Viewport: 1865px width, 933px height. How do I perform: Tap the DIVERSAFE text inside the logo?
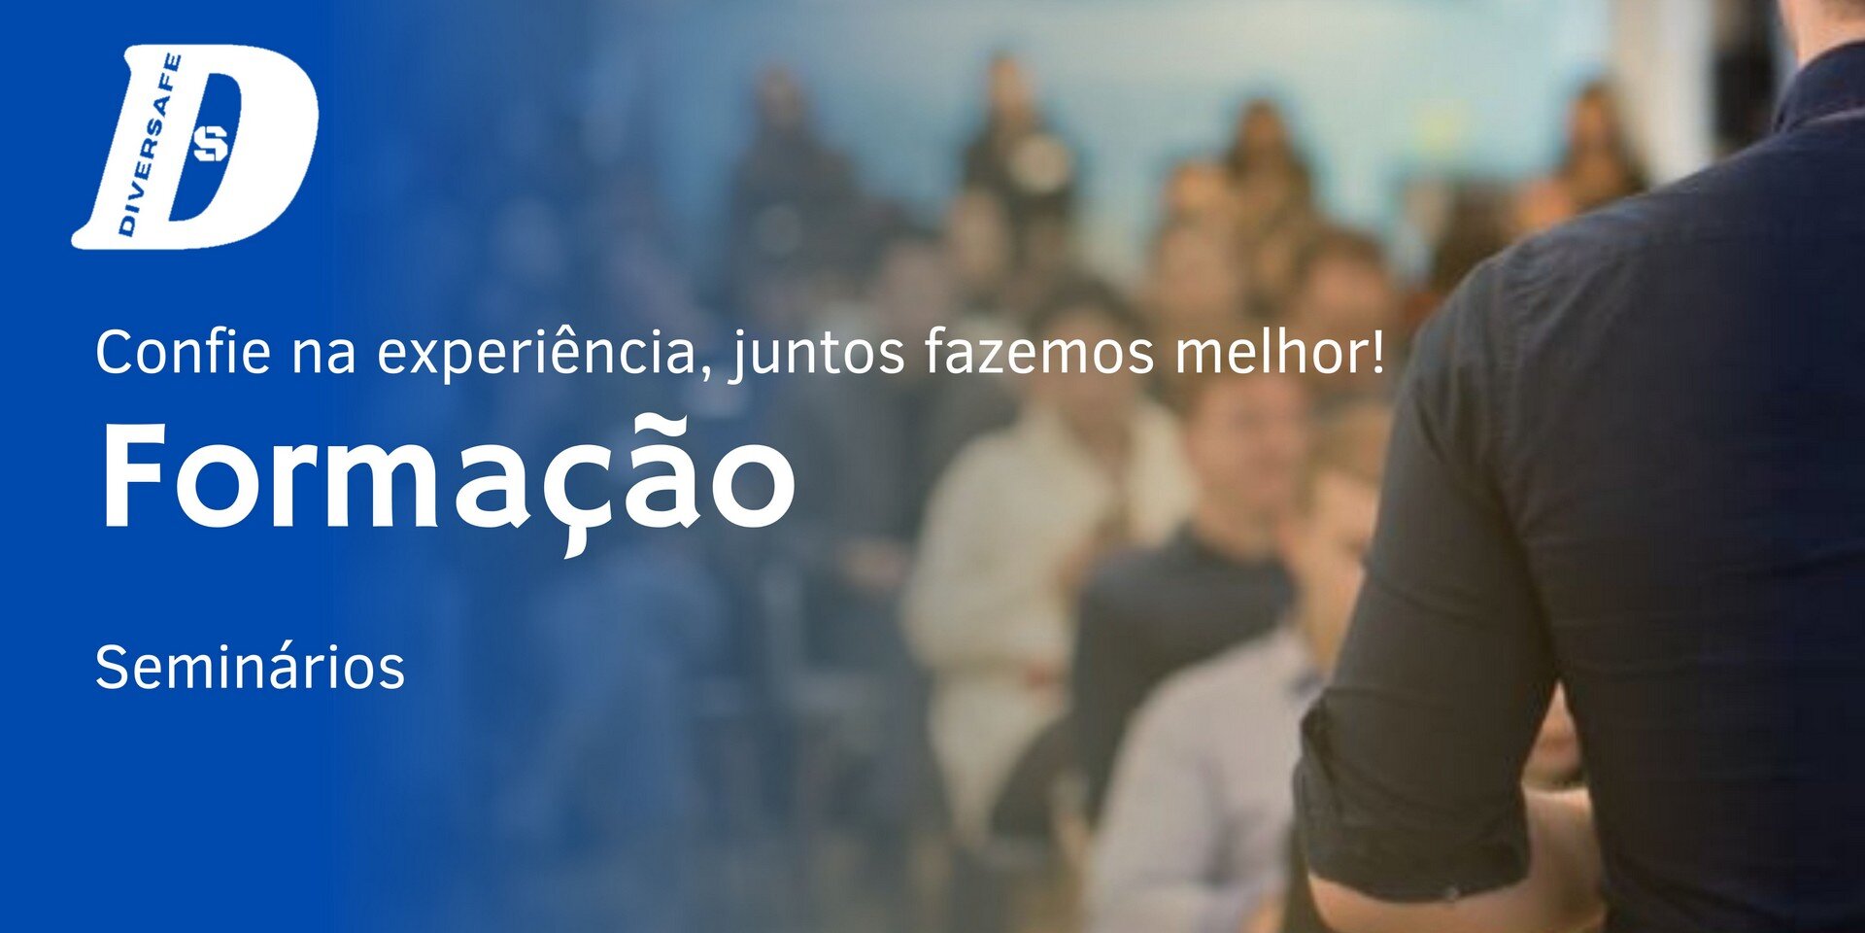tap(150, 144)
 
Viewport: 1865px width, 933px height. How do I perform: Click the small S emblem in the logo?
tap(211, 144)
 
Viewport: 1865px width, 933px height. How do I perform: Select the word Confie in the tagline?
tap(183, 351)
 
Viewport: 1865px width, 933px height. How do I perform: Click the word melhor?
tap(1268, 351)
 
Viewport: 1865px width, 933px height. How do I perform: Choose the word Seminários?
tap(250, 668)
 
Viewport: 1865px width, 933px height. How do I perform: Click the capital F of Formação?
tap(134, 477)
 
